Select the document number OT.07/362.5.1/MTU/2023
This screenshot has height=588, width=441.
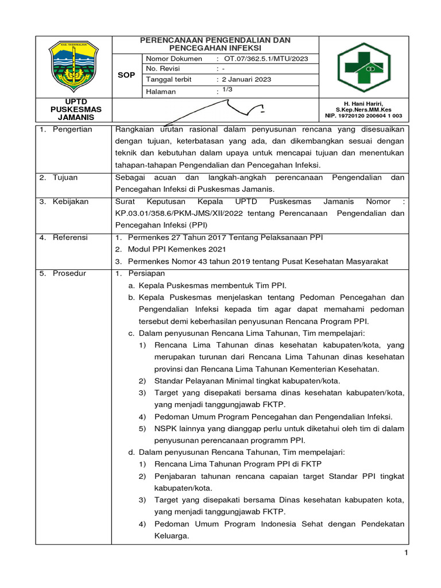click(x=266, y=59)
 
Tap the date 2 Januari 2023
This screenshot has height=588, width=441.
click(x=247, y=79)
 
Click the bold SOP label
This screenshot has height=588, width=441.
click(x=126, y=75)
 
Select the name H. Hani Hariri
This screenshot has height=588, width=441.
click(x=363, y=103)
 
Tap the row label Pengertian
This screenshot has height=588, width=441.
click(x=72, y=129)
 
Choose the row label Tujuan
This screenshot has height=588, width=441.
click(x=66, y=178)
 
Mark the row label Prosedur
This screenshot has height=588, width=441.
click(x=69, y=273)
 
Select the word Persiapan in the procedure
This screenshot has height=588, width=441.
click(x=147, y=273)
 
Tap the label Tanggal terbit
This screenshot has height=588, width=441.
click(x=169, y=79)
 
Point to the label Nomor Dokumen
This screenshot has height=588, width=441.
click(x=174, y=59)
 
